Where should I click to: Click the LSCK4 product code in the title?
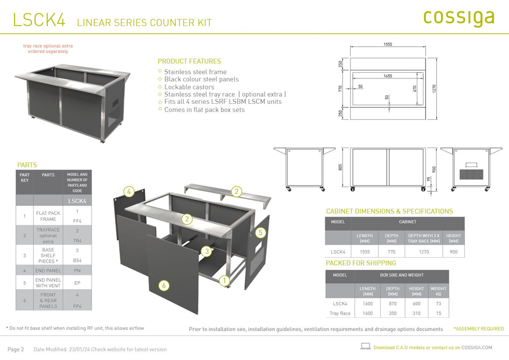pyautogui.click(x=39, y=20)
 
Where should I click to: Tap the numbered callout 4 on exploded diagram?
pyautogui.click(x=129, y=192)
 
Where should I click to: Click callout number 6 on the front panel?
pyautogui.click(x=163, y=286)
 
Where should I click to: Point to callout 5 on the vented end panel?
pyautogui.click(x=260, y=233)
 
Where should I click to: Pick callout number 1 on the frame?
pyautogui.click(x=224, y=280)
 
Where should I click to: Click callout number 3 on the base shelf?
pyautogui.click(x=206, y=251)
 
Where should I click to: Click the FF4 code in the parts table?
pyautogui.click(x=77, y=221)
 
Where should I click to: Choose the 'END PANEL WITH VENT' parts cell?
pyautogui.click(x=48, y=283)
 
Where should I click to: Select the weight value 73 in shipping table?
pyautogui.click(x=438, y=303)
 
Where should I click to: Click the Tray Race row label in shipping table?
pyautogui.click(x=340, y=314)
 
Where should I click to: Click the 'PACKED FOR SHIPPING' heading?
pyautogui.click(x=361, y=263)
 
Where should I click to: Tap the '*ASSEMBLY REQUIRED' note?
pyautogui.click(x=478, y=329)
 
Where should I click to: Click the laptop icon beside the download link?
pyautogui.click(x=365, y=346)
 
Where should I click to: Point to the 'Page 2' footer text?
pyautogui.click(x=16, y=349)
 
